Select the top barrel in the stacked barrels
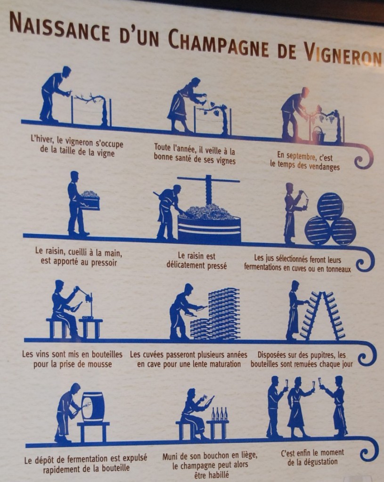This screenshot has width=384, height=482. coord(330,205)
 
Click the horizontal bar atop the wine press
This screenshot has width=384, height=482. coord(208,179)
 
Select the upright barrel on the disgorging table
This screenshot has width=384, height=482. coord(93,407)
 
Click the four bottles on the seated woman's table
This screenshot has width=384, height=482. coord(220,414)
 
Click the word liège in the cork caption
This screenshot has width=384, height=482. coord(246,456)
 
